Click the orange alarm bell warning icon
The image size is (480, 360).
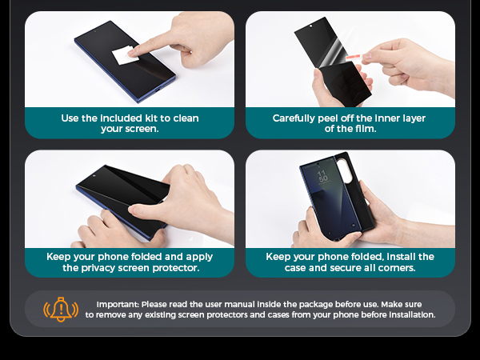(x=60, y=309)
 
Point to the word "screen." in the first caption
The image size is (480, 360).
(x=142, y=129)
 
